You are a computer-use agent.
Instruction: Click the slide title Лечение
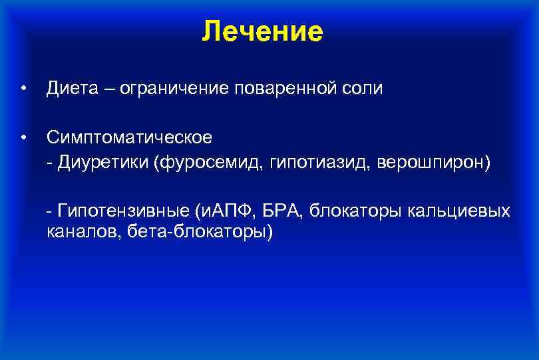click(x=263, y=31)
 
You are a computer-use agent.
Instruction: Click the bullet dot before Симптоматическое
click(x=23, y=138)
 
